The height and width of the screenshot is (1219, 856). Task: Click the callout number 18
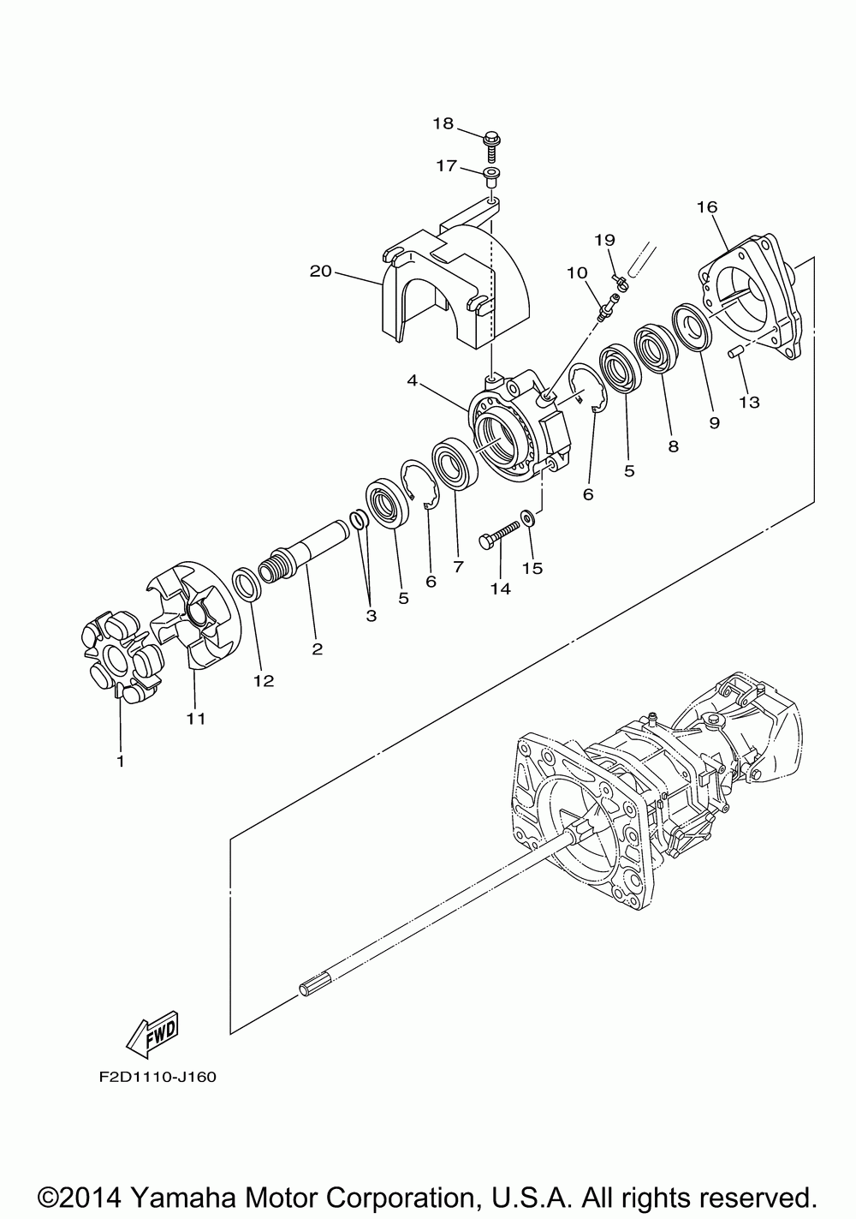(x=443, y=123)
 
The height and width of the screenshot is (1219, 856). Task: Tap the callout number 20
(x=320, y=272)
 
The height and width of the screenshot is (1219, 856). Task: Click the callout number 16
(x=707, y=207)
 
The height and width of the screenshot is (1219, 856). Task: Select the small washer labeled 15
(x=528, y=517)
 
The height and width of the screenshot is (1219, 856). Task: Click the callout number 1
(x=120, y=761)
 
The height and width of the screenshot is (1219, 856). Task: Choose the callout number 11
(x=196, y=719)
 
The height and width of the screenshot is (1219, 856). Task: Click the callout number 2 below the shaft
(x=318, y=649)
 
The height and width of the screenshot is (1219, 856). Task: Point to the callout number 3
(x=372, y=616)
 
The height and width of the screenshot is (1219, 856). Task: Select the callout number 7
(x=458, y=566)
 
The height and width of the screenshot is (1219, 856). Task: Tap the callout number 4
(x=413, y=379)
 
